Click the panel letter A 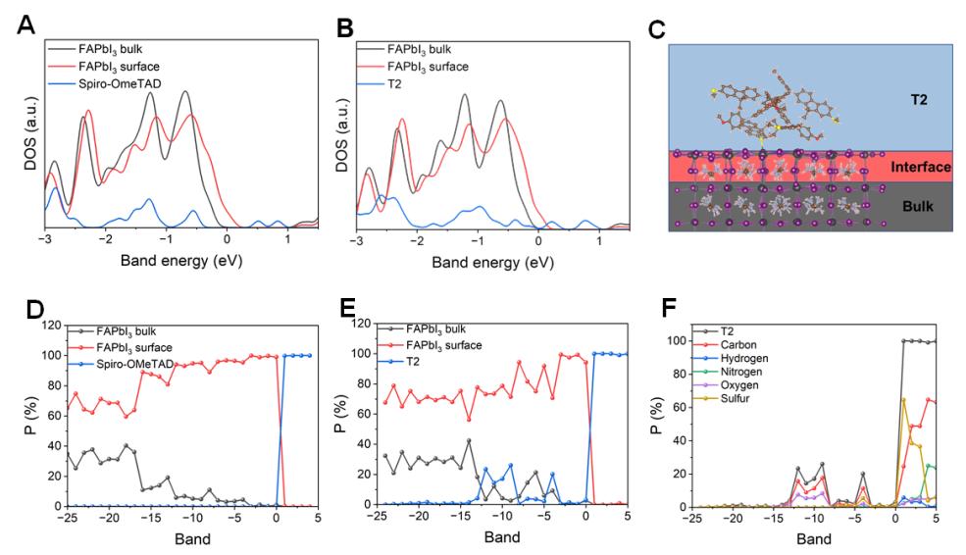coord(27,25)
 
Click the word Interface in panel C coord(920,168)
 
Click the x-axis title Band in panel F coord(815,539)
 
